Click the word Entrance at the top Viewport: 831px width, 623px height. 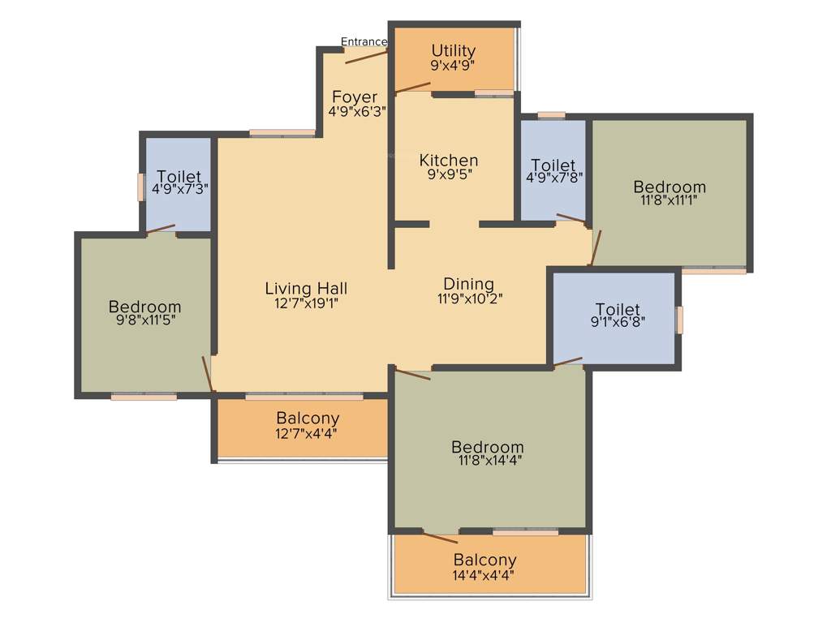(364, 42)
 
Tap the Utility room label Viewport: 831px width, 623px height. (453, 52)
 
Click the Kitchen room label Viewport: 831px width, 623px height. (448, 160)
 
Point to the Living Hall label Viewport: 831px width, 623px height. (306, 288)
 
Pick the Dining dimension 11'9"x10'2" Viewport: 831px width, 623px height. (468, 298)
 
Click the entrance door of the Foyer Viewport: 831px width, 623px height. (366, 55)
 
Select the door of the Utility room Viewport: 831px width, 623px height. (412, 88)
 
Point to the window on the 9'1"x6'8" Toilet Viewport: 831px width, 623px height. (680, 320)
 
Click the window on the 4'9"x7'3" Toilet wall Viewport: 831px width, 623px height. (140, 186)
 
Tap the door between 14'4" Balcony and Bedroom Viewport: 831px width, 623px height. (441, 537)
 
